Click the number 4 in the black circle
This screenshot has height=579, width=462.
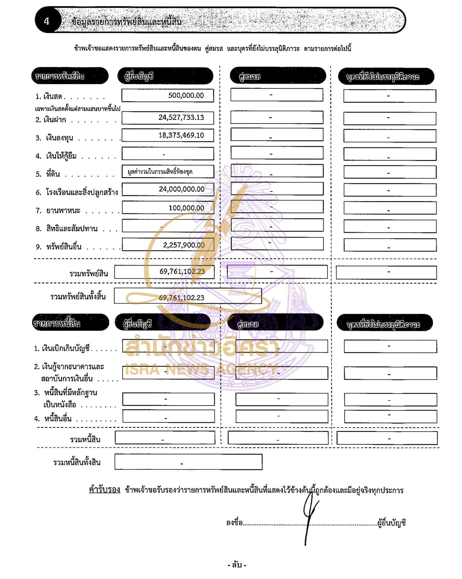(47, 21)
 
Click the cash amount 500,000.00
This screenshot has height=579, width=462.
(186, 95)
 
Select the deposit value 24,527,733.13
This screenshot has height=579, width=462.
(181, 117)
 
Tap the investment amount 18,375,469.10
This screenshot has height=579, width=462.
(181, 135)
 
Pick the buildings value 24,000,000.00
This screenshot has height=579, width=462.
(182, 189)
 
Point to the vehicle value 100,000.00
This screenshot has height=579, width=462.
(186, 208)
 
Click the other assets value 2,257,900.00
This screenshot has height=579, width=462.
(184, 245)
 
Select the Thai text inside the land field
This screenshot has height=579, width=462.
(160, 172)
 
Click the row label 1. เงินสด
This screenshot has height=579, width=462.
(49, 97)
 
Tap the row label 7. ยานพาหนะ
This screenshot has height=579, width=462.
(58, 210)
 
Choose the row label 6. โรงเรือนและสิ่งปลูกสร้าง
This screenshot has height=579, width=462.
(77, 192)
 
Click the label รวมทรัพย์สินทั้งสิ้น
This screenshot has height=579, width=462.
(78, 296)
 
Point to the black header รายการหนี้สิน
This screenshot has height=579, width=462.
(57, 323)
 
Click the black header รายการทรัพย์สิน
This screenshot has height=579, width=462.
(60, 76)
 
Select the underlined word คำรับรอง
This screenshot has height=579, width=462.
(104, 489)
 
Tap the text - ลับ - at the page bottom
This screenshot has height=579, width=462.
(237, 565)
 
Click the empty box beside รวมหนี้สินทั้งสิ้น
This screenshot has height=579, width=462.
(188, 462)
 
